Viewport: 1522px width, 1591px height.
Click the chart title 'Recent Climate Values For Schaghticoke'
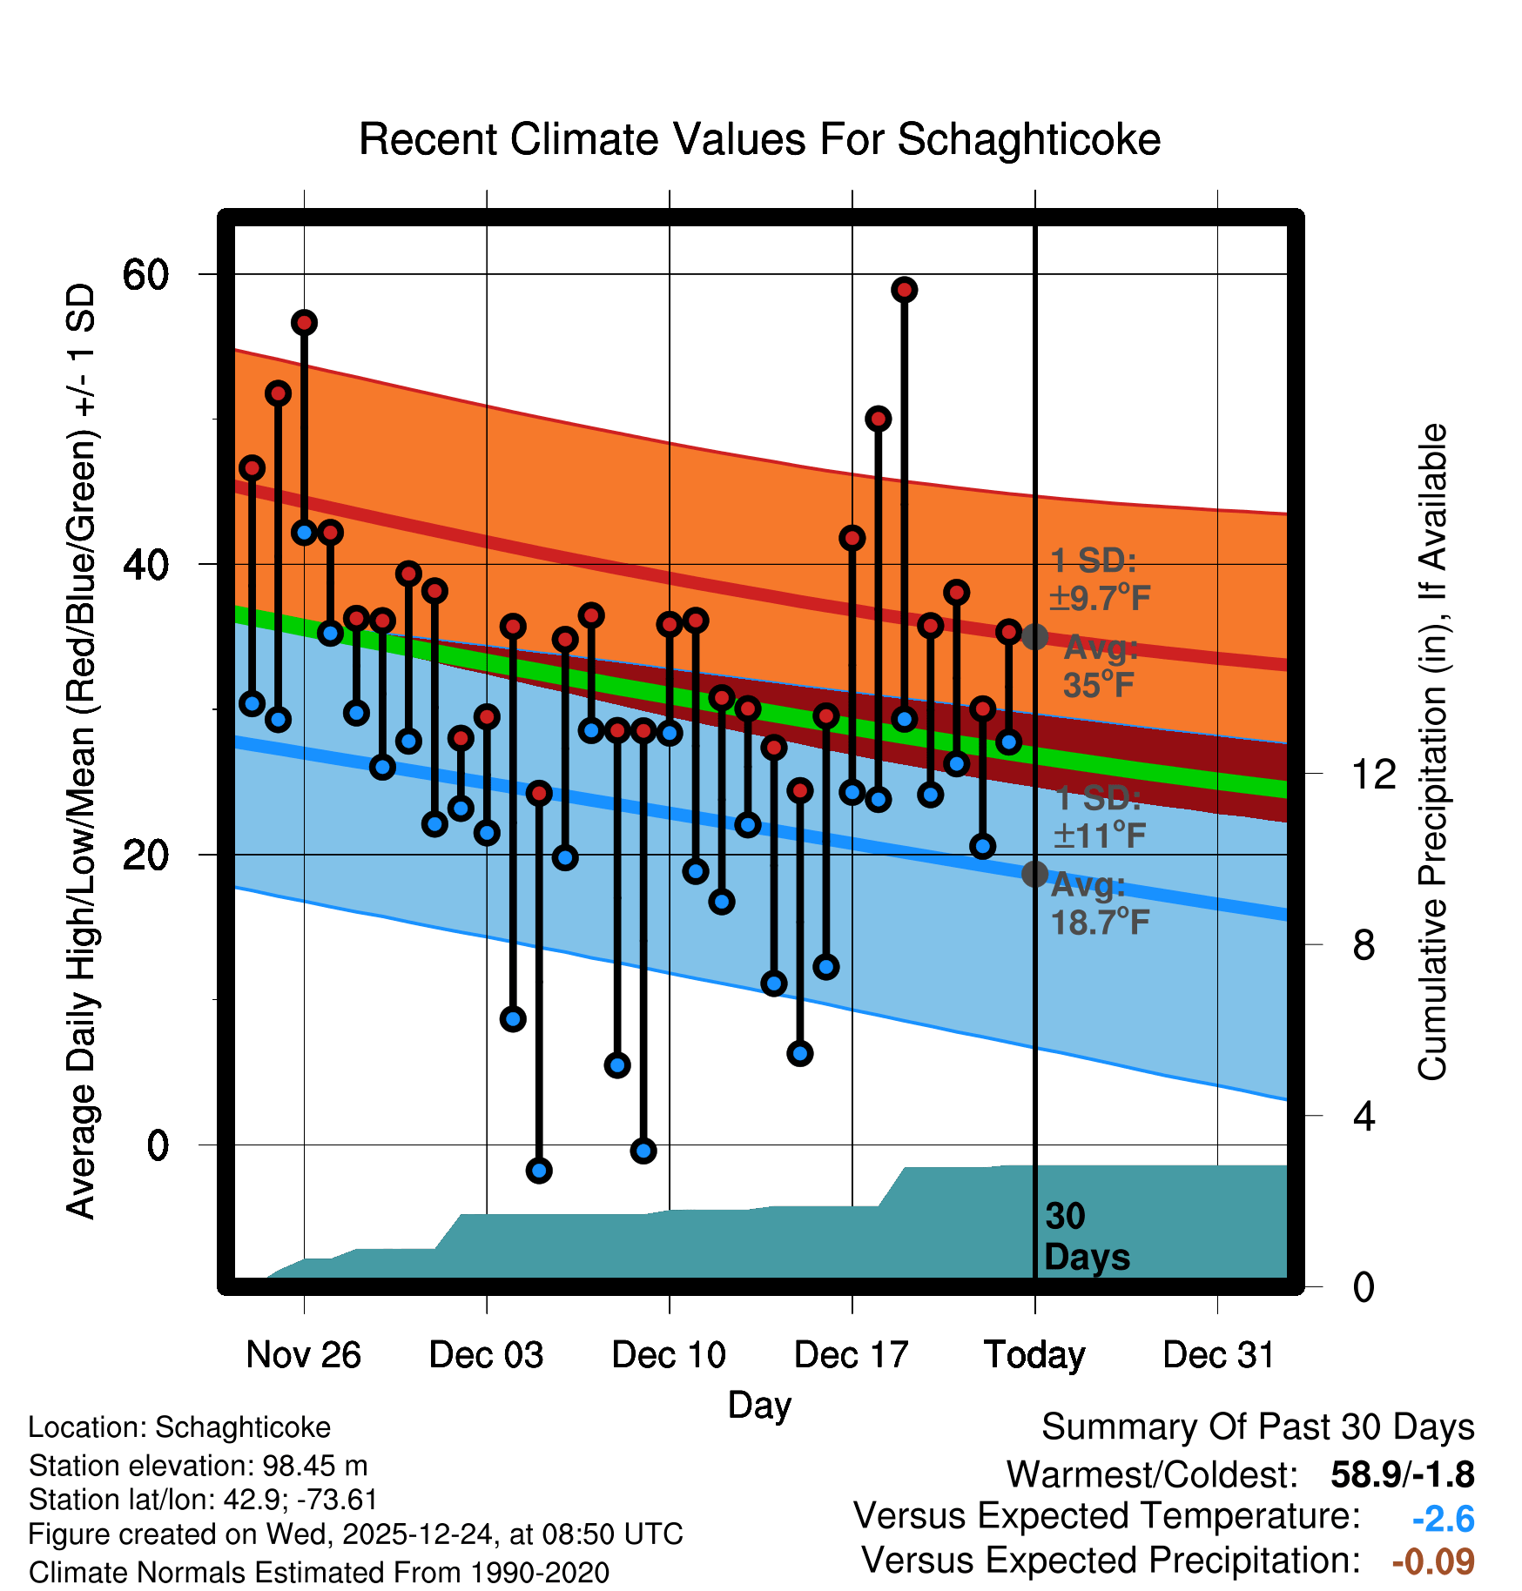click(x=759, y=139)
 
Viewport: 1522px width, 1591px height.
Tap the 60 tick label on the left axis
click(x=145, y=275)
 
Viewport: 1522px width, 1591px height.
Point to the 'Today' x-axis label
click(x=1034, y=1355)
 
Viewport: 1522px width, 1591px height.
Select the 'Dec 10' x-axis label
click(x=669, y=1355)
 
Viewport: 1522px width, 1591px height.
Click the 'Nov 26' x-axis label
click(x=303, y=1355)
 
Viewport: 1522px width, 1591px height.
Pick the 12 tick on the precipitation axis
click(x=1373, y=774)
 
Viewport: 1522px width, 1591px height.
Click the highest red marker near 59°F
click(x=905, y=290)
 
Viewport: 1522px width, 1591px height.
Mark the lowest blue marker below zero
click(x=539, y=1171)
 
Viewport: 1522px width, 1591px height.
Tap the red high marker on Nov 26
click(x=304, y=323)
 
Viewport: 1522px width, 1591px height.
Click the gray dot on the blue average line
click(x=1034, y=874)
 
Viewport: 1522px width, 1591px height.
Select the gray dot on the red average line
click(x=1034, y=637)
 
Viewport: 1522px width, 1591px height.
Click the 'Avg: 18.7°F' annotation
click(x=1100, y=904)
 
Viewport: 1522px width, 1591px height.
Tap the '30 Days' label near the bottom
click(x=1086, y=1237)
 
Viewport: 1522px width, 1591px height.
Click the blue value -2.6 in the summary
click(x=1443, y=1520)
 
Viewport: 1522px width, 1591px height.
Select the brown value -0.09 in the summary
click(x=1433, y=1561)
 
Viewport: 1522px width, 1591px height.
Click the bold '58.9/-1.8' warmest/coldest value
click(x=1403, y=1475)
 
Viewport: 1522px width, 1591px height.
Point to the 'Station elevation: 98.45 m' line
click(x=198, y=1466)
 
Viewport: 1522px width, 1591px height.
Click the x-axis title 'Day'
click(x=759, y=1406)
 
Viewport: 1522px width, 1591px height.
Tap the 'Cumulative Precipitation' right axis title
click(x=1432, y=752)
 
